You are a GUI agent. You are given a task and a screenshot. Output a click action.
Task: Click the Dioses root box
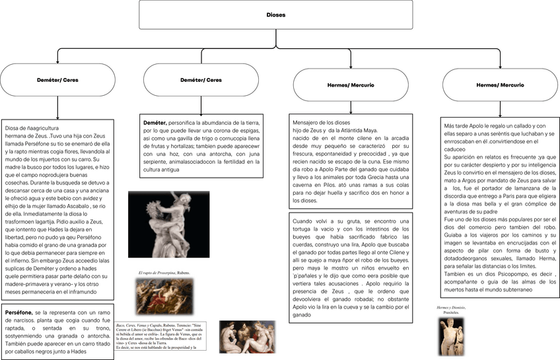click(x=275, y=15)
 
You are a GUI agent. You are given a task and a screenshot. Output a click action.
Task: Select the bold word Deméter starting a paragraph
click(x=156, y=123)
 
